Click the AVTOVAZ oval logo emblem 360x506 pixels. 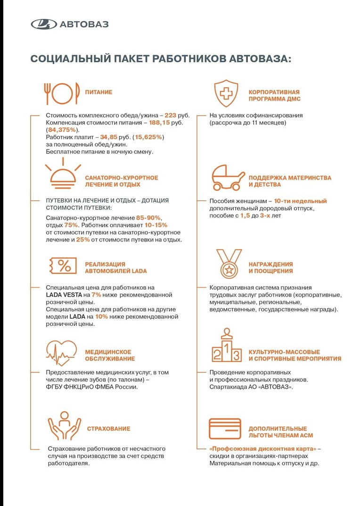(43, 24)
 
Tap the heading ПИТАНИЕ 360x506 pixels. (98, 92)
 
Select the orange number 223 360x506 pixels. (170, 115)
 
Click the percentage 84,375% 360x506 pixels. (63, 130)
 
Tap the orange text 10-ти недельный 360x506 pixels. (300, 201)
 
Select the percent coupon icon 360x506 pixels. (63, 266)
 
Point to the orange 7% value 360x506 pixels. (96, 295)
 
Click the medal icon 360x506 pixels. (229, 265)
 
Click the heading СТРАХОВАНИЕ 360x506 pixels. (108, 429)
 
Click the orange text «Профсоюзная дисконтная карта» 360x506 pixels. (263, 448)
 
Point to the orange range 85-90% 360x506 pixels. (148, 218)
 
